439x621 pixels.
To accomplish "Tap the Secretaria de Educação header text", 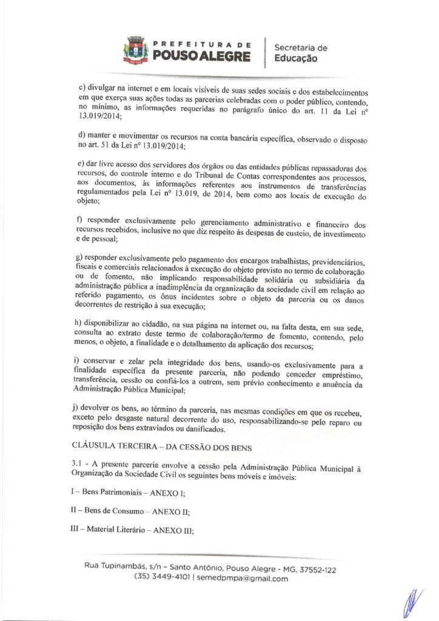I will [x=301, y=53].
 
